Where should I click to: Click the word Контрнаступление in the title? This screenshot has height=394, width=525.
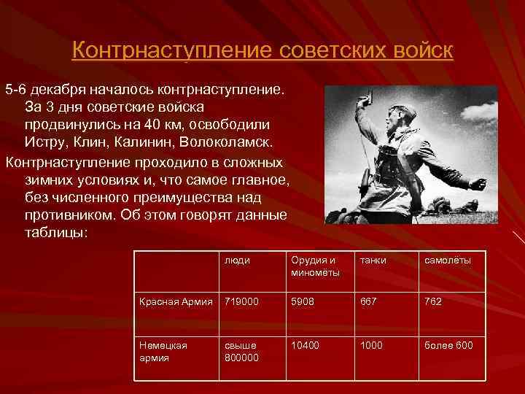pos(171,51)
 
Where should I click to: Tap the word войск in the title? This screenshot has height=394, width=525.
pos(421,51)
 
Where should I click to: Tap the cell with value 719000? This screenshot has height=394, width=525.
pos(241,301)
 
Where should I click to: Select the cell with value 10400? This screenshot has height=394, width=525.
pos(306,345)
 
